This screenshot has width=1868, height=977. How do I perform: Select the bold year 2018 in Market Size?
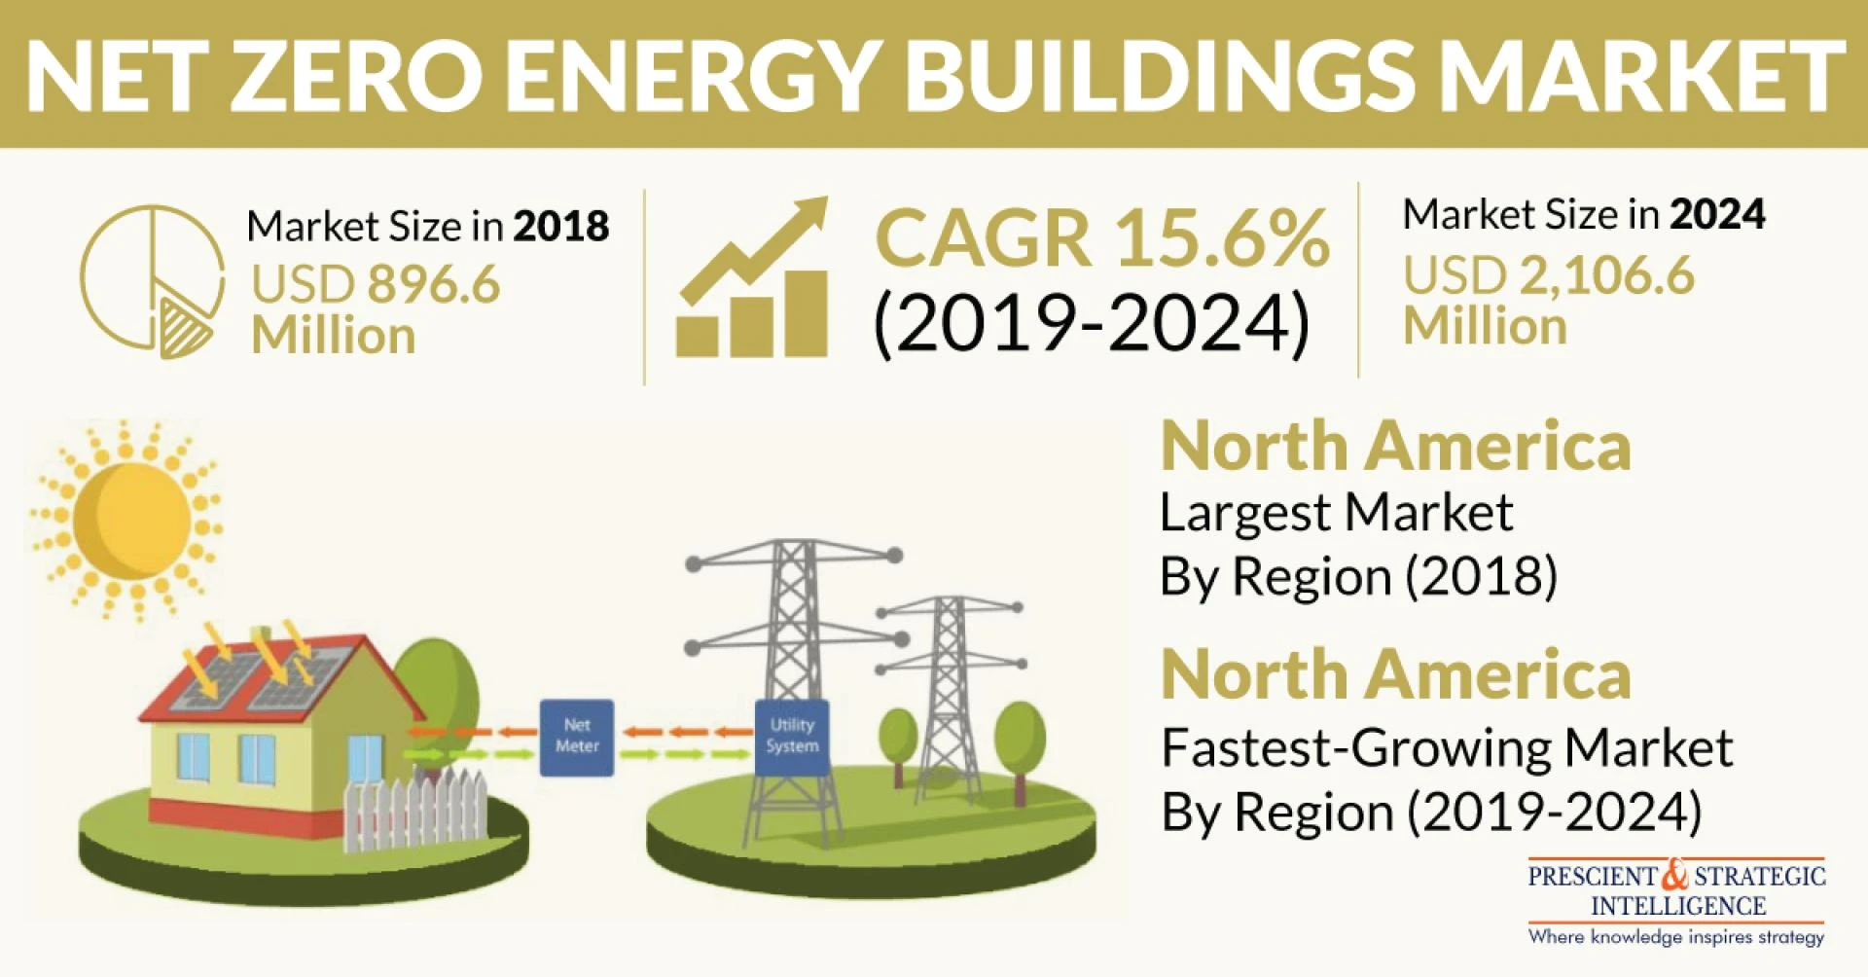tap(561, 227)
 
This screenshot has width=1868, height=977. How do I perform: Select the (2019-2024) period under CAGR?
tap(1092, 325)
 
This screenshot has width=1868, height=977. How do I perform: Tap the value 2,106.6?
tap(1606, 275)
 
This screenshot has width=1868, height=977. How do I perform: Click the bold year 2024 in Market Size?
tap(1717, 214)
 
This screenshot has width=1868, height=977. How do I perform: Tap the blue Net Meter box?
tap(577, 737)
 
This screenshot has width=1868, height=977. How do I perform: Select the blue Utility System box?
tap(792, 737)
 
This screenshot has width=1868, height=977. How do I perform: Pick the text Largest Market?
tap(1336, 513)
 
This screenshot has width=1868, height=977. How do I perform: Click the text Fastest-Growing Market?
tap(1447, 748)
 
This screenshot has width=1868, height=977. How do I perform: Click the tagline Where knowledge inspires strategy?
tap(1675, 937)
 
